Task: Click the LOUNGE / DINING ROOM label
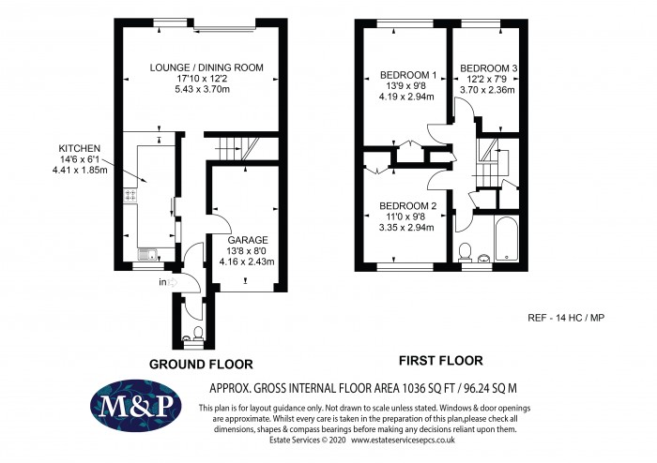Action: pos(206,67)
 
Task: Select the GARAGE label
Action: pos(247,239)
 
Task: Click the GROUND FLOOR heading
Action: pos(200,363)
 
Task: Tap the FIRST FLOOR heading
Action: pos(441,360)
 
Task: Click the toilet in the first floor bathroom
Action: pos(466,251)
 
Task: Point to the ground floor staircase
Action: pos(232,148)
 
